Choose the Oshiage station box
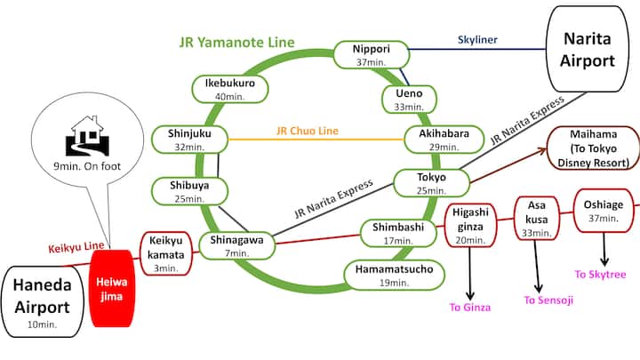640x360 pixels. coord(604,212)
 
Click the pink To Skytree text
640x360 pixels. coord(600,275)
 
